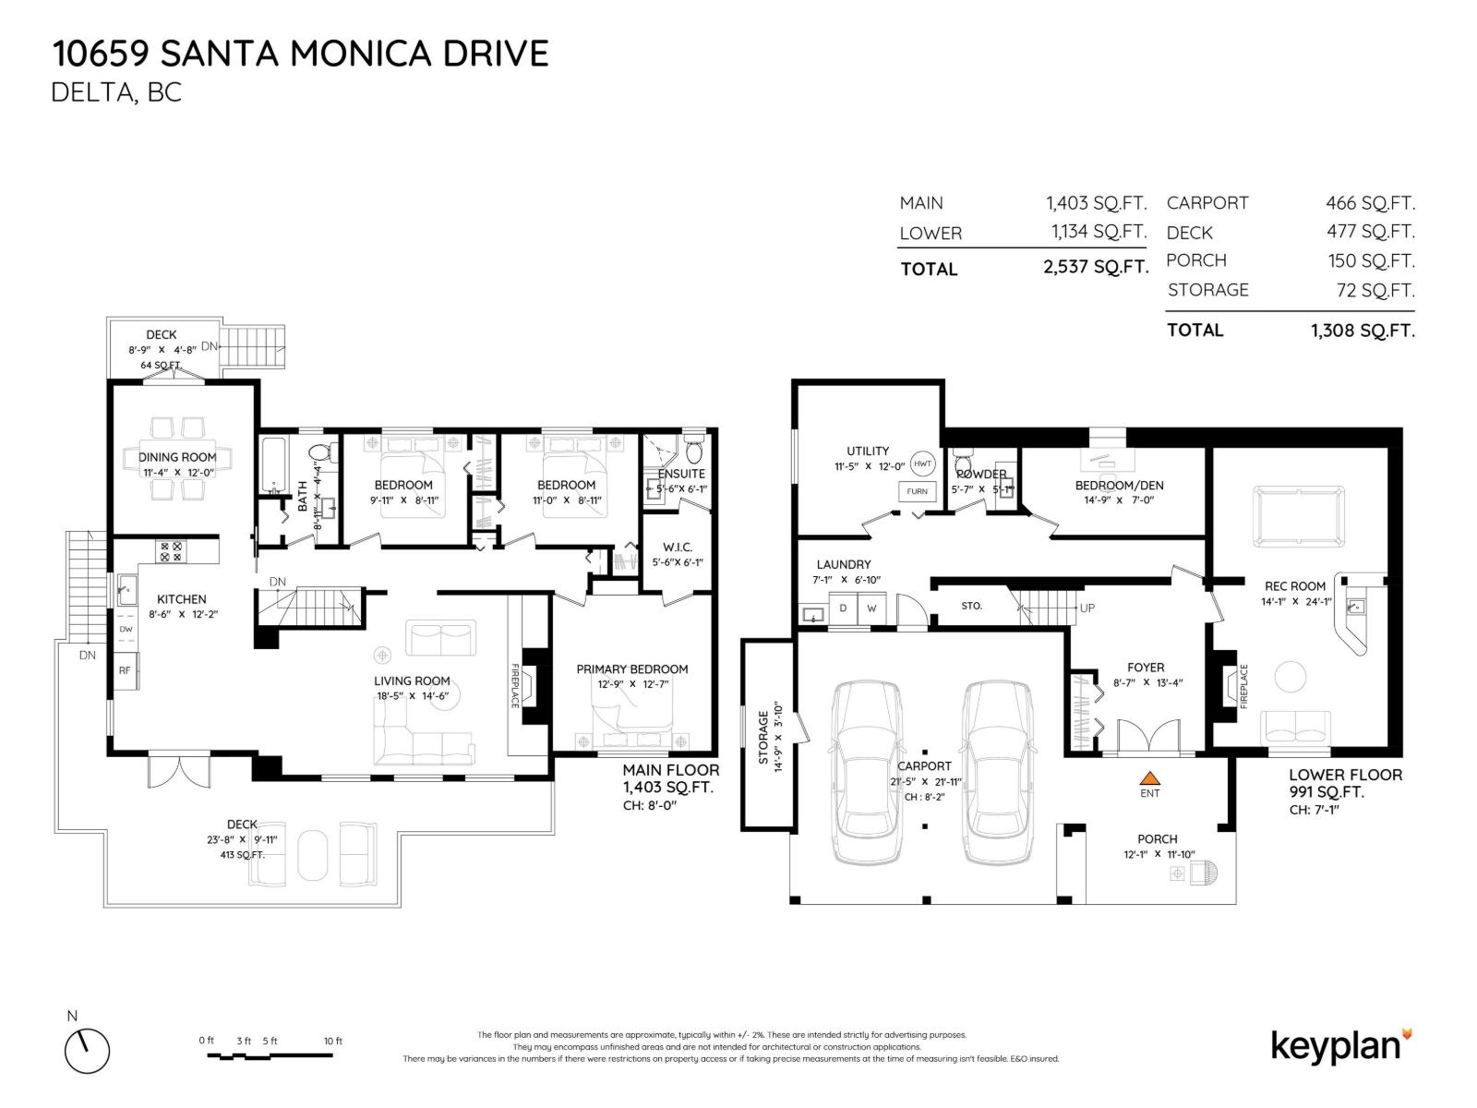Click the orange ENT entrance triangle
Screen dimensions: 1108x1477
click(x=1149, y=777)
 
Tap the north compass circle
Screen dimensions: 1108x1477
click(x=87, y=1051)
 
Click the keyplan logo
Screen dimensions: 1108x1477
click(x=1341, y=1046)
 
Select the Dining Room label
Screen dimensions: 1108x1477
click(x=177, y=457)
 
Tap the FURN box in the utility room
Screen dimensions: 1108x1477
click(x=917, y=491)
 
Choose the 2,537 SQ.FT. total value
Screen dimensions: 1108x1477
click(x=1096, y=268)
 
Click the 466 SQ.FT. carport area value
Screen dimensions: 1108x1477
click(x=1370, y=203)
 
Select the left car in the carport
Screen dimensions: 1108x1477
click(x=865, y=772)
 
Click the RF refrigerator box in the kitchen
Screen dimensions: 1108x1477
click(x=125, y=671)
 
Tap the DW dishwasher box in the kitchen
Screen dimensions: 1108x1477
click(x=126, y=629)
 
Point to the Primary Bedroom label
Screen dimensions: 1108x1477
click(x=631, y=669)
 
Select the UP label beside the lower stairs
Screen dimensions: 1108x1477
click(x=1087, y=608)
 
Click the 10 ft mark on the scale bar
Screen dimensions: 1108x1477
click(x=333, y=1042)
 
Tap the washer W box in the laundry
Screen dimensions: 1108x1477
click(x=871, y=609)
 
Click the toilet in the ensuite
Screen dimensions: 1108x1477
click(x=694, y=452)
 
